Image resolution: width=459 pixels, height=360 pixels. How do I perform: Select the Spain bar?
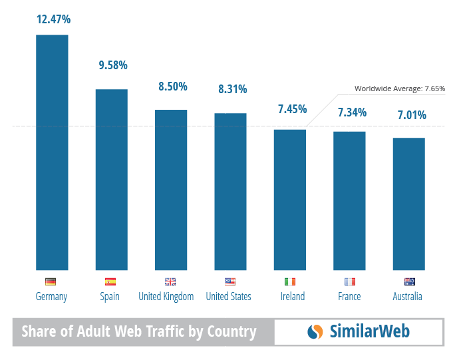[111, 179]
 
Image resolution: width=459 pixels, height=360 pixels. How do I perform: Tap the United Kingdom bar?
[171, 190]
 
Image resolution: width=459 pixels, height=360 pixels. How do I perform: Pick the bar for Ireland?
[290, 200]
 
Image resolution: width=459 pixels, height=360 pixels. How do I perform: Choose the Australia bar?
[408, 204]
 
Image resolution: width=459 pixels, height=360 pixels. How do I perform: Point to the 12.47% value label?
[53, 19]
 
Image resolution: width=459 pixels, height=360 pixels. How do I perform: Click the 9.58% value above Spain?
[112, 65]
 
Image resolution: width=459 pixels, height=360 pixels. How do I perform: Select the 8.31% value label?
[232, 89]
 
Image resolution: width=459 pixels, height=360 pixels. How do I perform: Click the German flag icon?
[51, 281]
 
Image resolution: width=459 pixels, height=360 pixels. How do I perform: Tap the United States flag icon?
[230, 281]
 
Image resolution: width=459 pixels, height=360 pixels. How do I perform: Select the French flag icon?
[349, 281]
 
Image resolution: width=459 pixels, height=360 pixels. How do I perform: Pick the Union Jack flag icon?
[170, 281]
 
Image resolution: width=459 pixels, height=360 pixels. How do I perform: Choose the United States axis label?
[228, 297]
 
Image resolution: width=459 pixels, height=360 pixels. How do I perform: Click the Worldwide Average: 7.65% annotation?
[399, 89]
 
